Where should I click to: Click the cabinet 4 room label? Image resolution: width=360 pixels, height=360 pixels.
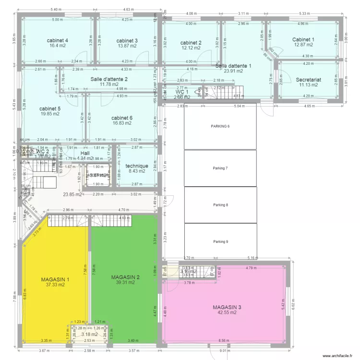pyautogui.click(x=57, y=40)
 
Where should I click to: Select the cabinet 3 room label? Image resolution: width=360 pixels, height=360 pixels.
pyautogui.click(x=127, y=40)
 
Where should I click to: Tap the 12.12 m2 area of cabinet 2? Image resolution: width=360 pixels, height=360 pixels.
pyautogui.click(x=191, y=48)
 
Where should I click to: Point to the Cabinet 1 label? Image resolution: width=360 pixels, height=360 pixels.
pyautogui.click(x=303, y=39)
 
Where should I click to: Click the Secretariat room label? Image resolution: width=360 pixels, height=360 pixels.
pyautogui.click(x=308, y=80)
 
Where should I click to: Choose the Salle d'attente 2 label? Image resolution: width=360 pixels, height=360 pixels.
pyautogui.click(x=109, y=79)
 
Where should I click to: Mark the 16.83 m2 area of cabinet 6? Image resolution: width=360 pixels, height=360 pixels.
pyautogui.click(x=122, y=123)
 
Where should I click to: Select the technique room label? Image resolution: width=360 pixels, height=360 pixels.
pyautogui.click(x=137, y=166)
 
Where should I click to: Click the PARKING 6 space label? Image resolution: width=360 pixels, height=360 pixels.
pyautogui.click(x=220, y=126)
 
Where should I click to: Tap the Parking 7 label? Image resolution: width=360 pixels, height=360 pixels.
pyautogui.click(x=220, y=168)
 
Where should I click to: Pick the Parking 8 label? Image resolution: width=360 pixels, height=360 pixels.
pyautogui.click(x=220, y=205)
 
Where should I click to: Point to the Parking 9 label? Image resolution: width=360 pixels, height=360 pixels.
pyautogui.click(x=220, y=241)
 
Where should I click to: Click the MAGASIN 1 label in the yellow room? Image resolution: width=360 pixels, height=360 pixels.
pyautogui.click(x=55, y=279)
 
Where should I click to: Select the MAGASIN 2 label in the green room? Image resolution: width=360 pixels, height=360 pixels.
pyautogui.click(x=125, y=277)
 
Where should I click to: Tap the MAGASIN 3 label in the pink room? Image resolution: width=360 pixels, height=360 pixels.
pyautogui.click(x=227, y=307)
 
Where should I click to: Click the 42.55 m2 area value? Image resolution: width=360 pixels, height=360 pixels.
pyautogui.click(x=227, y=312)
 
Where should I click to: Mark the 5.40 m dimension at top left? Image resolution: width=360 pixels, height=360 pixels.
pyautogui.click(x=56, y=9)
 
